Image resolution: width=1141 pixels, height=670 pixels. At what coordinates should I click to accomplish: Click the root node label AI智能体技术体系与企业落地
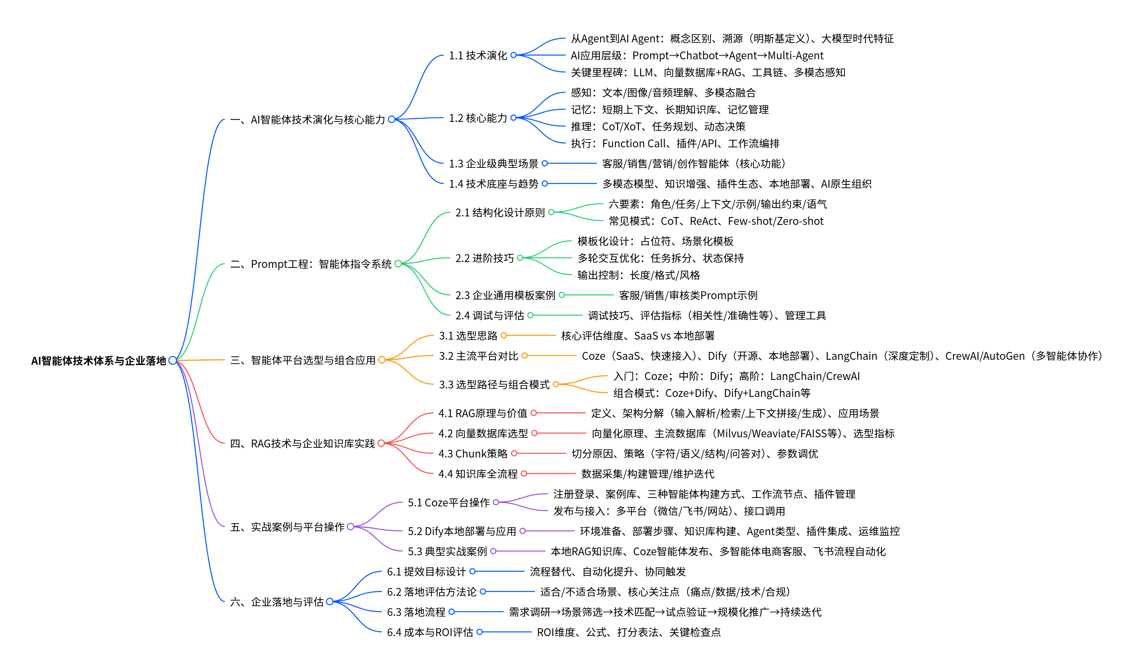tap(99, 361)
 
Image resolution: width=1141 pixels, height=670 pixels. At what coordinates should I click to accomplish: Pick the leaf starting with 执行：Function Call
tap(675, 144)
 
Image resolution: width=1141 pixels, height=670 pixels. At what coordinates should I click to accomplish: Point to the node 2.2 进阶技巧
tap(484, 258)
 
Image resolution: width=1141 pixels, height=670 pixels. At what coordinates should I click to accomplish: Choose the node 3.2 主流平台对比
tap(478, 356)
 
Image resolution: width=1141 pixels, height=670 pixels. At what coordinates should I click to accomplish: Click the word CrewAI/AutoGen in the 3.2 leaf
tap(985, 356)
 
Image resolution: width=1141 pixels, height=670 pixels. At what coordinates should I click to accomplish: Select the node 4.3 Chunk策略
tap(473, 454)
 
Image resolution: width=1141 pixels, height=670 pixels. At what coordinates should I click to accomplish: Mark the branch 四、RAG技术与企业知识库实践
tap(302, 444)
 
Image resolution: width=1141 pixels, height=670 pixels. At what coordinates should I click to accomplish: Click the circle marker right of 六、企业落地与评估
tap(330, 602)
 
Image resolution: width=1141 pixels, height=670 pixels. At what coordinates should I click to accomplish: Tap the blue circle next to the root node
tap(172, 361)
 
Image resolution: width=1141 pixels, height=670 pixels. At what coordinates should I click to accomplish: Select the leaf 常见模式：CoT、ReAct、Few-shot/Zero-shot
tap(716, 221)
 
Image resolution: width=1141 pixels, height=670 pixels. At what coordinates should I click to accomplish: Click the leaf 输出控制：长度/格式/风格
tap(638, 275)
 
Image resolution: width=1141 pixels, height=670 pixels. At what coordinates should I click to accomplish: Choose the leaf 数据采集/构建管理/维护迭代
tap(647, 474)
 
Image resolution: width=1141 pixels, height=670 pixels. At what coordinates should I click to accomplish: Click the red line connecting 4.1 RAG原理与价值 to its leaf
tap(560, 413)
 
